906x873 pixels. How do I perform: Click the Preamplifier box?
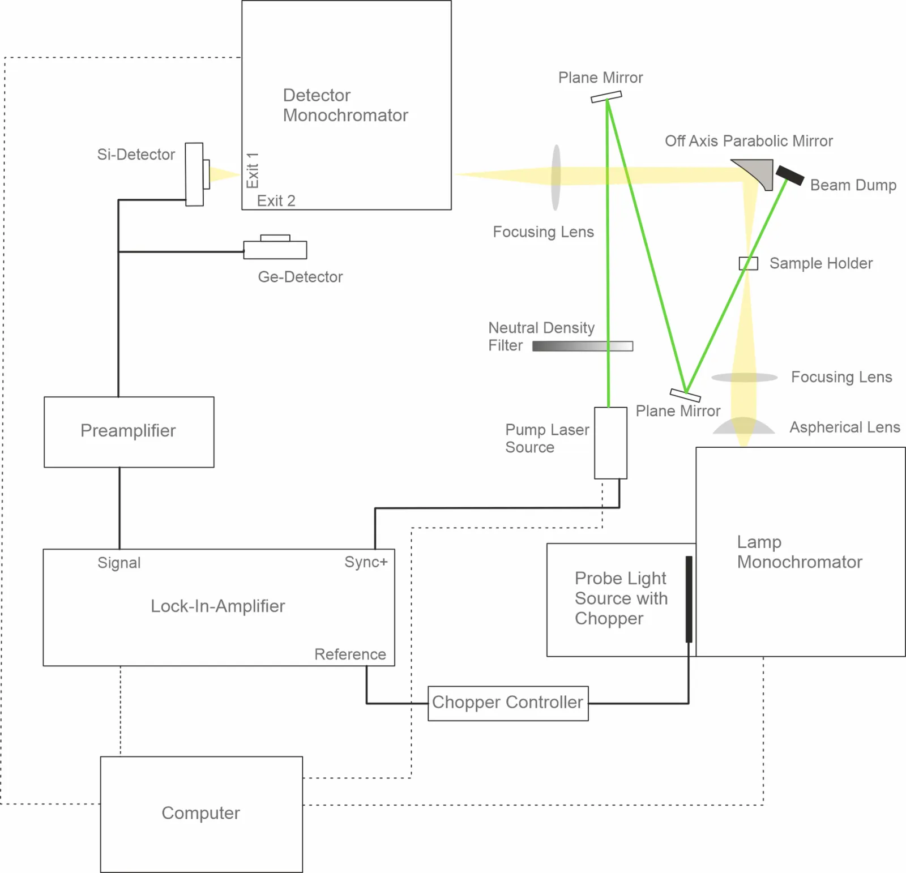129,432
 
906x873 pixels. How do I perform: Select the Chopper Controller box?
508,703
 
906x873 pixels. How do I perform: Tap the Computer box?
202,814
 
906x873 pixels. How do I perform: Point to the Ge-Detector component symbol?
275,247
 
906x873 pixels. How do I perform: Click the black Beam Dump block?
790,176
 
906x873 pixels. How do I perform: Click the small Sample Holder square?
749,263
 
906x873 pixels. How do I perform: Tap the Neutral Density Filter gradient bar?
583,346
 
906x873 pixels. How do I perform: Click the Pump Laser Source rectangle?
610,443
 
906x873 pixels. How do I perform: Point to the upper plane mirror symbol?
606,97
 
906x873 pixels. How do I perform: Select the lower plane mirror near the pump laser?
685,395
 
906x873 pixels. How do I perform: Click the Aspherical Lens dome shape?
743,426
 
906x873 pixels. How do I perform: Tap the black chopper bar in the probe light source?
689,599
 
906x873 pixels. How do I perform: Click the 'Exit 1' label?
253,170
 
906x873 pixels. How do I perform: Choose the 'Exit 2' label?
276,200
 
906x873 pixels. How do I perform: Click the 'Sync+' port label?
366,562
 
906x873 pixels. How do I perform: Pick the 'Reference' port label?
351,654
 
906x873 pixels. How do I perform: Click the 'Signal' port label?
119,563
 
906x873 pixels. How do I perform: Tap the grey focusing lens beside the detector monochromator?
556,177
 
